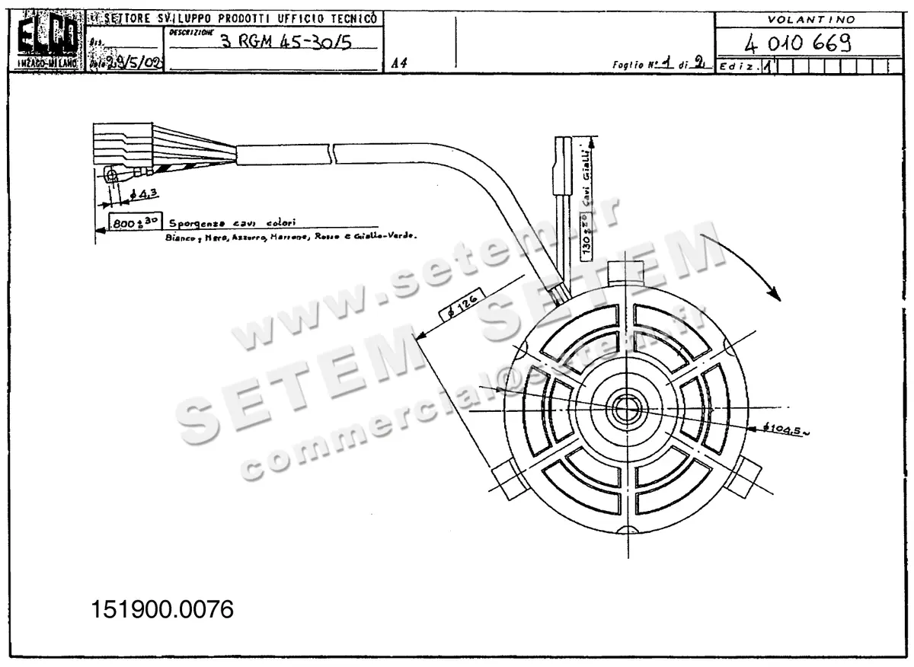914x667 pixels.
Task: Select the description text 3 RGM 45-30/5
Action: click(286, 42)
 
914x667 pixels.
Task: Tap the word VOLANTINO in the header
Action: click(811, 19)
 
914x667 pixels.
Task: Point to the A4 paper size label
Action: click(398, 64)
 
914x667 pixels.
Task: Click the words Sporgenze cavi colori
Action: click(232, 223)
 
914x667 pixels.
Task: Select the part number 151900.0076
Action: click(162, 609)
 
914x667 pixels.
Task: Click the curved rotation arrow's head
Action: click(775, 293)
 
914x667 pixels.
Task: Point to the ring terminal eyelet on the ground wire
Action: click(112, 176)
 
